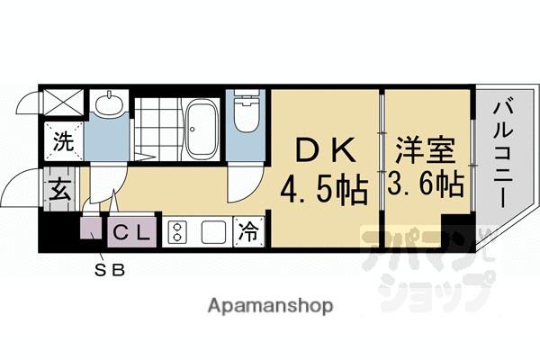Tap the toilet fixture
point(244,116)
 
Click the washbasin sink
point(110,105)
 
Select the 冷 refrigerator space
point(248,231)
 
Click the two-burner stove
point(177,232)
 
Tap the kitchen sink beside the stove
point(212,232)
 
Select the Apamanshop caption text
point(269,306)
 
